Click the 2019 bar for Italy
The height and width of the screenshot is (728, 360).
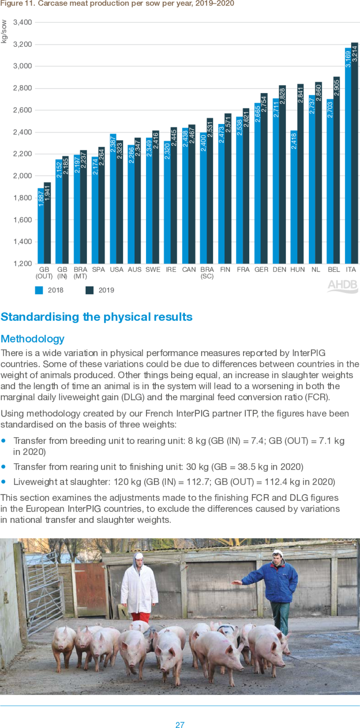coord(354,160)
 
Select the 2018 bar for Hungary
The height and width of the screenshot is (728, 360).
coord(294,200)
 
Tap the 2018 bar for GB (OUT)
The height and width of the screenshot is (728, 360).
coord(41,228)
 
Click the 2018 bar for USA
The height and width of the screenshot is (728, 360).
coord(113,200)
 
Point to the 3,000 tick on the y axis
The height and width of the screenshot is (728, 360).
coord(22,66)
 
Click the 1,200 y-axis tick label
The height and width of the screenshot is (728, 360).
coord(22,264)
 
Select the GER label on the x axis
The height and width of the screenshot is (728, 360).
coord(261,270)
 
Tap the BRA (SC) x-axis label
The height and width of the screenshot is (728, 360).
coord(207,273)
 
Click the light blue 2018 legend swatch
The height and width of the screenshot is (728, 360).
coord(39,290)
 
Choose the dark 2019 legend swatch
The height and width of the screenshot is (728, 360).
coord(90,290)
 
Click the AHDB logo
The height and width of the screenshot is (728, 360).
coord(342,286)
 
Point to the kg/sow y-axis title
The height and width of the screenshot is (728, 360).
coord(4,31)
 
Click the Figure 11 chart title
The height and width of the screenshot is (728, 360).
coord(117,4)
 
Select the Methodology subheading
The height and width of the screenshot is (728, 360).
coord(32,339)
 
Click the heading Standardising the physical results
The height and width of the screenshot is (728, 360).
coord(96,317)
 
